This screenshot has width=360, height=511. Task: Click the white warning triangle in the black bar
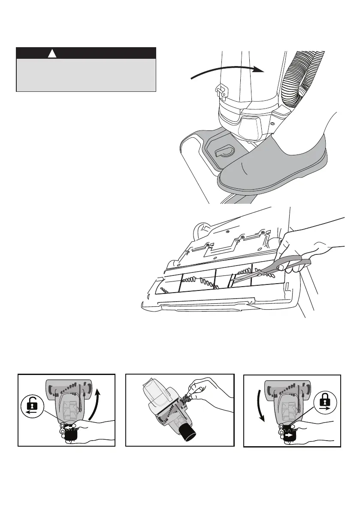pyautogui.click(x=52, y=54)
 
